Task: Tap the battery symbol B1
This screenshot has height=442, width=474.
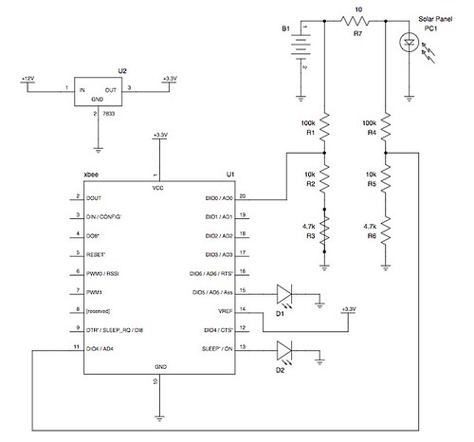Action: (301, 47)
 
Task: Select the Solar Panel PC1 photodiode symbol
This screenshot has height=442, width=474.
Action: (410, 44)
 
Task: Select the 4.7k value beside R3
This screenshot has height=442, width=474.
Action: (307, 226)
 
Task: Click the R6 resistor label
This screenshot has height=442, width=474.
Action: (373, 236)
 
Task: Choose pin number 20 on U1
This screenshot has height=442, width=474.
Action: (244, 194)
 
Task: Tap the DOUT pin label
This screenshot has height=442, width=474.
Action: (93, 198)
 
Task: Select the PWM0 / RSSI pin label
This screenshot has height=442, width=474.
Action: (101, 273)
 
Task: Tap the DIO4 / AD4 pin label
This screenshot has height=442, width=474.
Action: (99, 349)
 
